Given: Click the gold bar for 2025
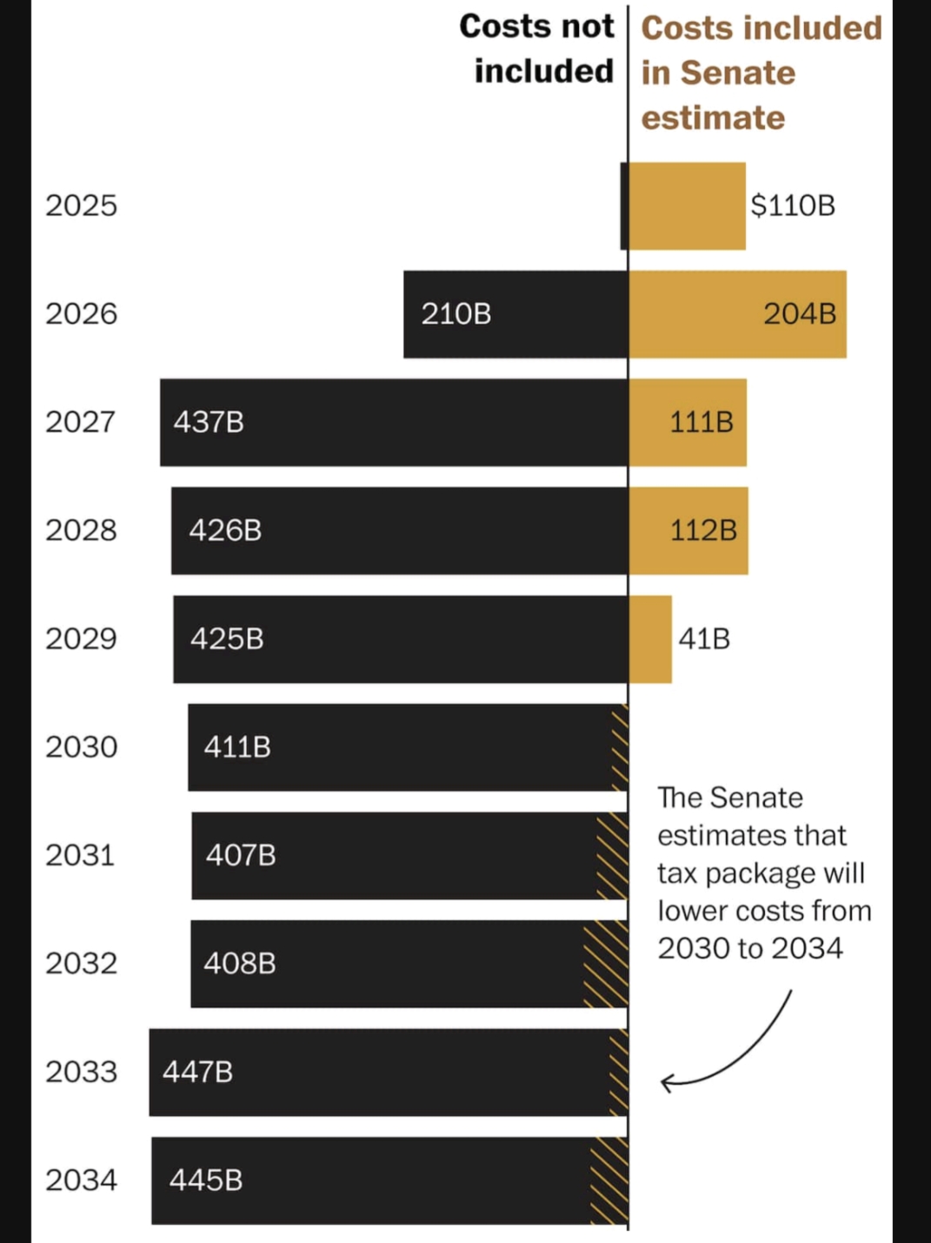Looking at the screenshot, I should click(x=687, y=206).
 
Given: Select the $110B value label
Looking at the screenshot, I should click(x=793, y=206).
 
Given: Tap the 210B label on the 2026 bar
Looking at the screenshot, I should click(x=456, y=314).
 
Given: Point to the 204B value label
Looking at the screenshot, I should click(x=800, y=314).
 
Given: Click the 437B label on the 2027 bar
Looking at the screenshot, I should click(x=209, y=423).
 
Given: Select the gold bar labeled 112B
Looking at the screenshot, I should click(x=688, y=531).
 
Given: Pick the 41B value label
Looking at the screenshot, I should click(x=704, y=639).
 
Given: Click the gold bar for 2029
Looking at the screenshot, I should click(x=650, y=639).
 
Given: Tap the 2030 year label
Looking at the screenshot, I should click(x=81, y=747).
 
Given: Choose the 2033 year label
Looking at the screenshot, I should click(x=81, y=1072).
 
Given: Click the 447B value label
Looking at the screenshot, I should click(x=198, y=1073).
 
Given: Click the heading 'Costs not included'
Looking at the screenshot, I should click(x=537, y=49).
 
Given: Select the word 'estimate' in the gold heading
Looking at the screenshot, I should click(x=713, y=117).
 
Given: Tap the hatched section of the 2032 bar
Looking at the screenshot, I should click(x=606, y=964).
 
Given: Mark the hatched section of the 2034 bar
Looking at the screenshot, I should click(x=609, y=1180).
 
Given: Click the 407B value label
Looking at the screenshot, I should click(x=241, y=856).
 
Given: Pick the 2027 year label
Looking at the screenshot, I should click(x=81, y=423).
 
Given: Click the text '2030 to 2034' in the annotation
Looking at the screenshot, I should click(x=750, y=948).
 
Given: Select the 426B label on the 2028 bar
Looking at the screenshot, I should click(x=225, y=531).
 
